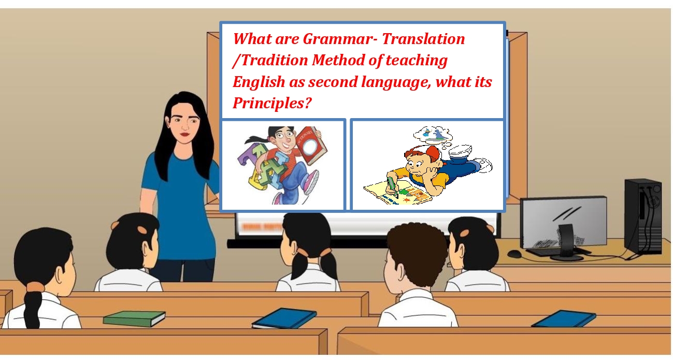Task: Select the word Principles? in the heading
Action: click(x=272, y=103)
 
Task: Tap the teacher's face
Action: click(x=185, y=124)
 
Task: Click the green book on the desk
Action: click(x=134, y=318)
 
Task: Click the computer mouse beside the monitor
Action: click(x=514, y=254)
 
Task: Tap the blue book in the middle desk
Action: click(x=284, y=318)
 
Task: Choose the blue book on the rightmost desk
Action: click(x=564, y=318)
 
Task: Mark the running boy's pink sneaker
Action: click(x=311, y=182)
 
